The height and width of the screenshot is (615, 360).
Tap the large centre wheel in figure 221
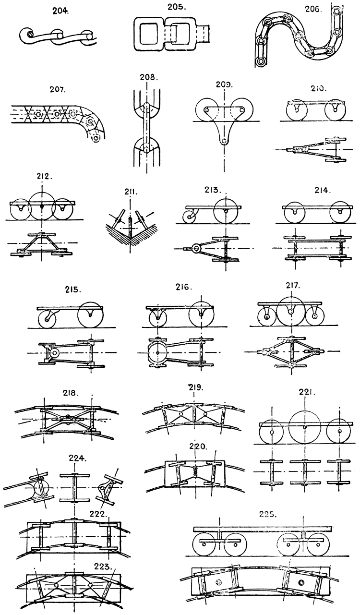tap(306, 426)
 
